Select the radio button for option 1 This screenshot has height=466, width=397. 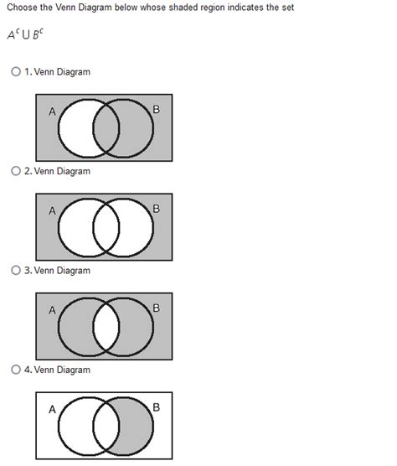tap(16, 71)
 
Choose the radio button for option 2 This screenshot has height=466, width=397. tap(16, 171)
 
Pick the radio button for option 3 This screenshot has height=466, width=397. tap(16, 270)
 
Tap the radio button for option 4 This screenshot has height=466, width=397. tap(16, 370)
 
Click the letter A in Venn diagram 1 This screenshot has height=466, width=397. tap(52, 111)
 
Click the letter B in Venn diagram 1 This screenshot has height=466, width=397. tap(156, 109)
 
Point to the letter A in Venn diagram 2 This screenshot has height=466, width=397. tap(52, 210)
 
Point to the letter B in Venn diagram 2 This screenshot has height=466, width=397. tap(156, 209)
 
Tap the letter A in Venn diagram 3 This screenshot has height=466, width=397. tap(52, 310)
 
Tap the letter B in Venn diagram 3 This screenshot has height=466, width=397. tap(156, 308)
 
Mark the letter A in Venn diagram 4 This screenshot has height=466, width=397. tap(52, 409)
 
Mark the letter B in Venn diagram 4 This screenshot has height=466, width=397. tap(156, 407)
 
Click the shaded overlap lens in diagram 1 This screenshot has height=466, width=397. tap(106, 128)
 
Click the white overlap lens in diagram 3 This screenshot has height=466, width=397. tap(106, 327)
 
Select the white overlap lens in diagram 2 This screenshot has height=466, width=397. tap(106, 228)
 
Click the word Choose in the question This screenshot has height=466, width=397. tap(23, 8)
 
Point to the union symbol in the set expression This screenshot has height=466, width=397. tap(26, 35)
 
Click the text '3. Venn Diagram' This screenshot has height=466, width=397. tap(57, 271)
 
